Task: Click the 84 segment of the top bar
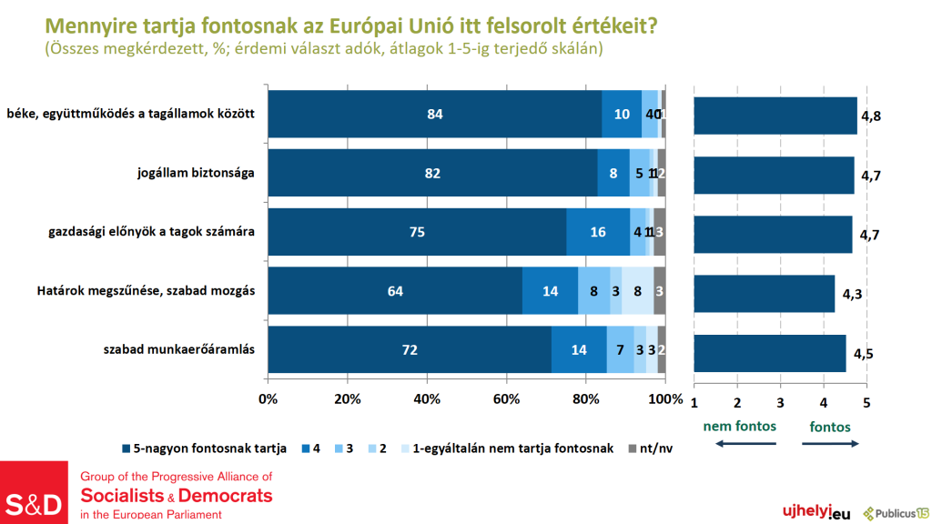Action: click(435, 114)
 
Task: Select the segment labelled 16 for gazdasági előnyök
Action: click(598, 232)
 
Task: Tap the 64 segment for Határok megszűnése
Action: click(395, 291)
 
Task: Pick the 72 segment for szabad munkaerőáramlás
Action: click(410, 350)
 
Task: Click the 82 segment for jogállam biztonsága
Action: click(432, 173)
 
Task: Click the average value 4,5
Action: click(863, 353)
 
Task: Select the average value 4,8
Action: click(871, 116)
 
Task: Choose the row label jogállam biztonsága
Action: click(190, 173)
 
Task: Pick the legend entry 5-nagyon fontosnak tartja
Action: click(204, 448)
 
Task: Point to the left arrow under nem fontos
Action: click(741, 444)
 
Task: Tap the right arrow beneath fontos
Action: click(830, 444)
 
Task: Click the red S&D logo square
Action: click(34, 492)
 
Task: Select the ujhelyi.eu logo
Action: click(809, 513)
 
